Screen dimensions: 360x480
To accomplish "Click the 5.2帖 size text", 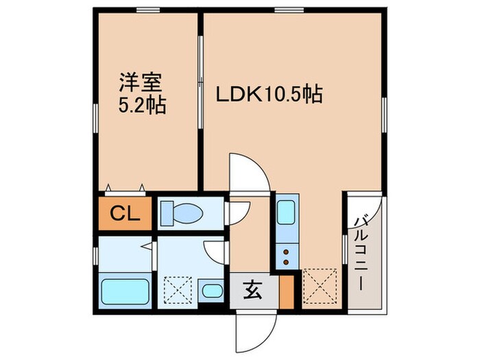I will click(x=143, y=107).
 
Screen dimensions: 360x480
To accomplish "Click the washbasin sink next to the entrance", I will click(x=211, y=291).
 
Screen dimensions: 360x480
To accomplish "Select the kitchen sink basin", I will click(x=285, y=213).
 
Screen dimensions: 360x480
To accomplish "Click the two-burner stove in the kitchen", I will click(x=285, y=258).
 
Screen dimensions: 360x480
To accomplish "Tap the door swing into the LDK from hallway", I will click(x=248, y=177).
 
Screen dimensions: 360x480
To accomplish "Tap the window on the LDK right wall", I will click(x=383, y=110).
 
